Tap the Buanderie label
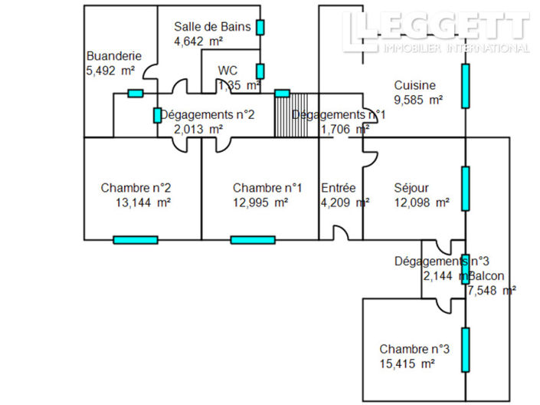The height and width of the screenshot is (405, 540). point(112,56)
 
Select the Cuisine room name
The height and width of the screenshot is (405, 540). point(414,85)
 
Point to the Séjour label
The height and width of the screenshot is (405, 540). point(411,188)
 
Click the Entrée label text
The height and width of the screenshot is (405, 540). point(338,188)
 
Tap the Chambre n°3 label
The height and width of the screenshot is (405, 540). point(414,348)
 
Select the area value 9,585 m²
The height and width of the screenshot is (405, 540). point(418,99)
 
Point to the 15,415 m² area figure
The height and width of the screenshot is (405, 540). point(407,363)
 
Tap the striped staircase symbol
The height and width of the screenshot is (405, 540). point(291,115)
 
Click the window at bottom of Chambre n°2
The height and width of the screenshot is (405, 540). point(136,240)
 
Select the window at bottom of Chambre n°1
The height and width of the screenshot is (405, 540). point(253,240)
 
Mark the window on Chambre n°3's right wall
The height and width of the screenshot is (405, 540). point(465,349)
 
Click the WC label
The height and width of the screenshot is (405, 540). point(227,71)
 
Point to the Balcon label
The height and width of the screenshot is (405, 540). point(488,275)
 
